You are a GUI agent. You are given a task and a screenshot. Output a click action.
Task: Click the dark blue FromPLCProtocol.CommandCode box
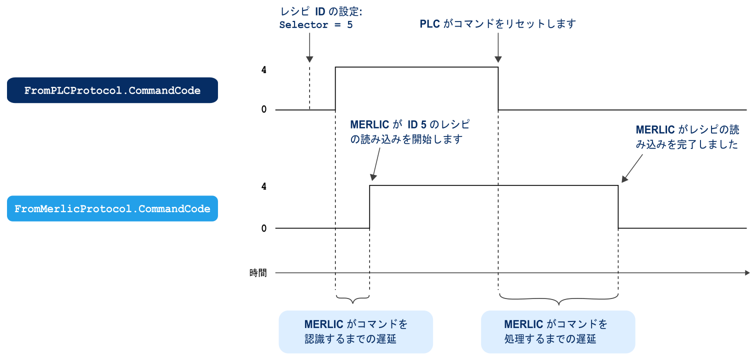112,90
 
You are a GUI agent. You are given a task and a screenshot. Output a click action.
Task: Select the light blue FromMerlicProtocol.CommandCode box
112,208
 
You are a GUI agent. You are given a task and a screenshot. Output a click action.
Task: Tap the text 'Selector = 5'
316,24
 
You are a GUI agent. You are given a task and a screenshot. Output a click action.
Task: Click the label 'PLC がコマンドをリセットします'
497,24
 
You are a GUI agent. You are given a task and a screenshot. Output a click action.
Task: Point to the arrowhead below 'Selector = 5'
309,58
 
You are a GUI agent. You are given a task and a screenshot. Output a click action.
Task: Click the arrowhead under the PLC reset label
498,59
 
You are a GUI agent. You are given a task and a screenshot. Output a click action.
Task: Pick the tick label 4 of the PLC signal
263,69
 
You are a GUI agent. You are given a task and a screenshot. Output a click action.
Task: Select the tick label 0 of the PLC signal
263,109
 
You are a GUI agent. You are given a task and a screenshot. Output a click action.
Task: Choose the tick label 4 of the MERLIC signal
263,186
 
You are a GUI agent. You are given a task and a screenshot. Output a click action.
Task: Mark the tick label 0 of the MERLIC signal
263,228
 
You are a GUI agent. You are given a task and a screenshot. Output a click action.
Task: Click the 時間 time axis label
258,273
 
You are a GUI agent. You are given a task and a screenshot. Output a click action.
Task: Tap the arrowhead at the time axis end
747,273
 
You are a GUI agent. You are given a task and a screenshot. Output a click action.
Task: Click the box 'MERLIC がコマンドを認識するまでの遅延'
355,331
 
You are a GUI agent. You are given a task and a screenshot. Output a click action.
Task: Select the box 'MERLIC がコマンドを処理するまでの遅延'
557,331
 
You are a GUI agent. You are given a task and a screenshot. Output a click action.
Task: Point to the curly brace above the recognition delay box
353,299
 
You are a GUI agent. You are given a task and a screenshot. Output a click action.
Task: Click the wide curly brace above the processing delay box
558,299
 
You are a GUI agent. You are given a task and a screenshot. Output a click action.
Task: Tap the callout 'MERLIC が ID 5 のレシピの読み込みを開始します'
410,132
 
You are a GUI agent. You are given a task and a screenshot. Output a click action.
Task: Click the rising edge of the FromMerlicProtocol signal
370,207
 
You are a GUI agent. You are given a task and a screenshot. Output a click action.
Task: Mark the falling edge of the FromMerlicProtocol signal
618,207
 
